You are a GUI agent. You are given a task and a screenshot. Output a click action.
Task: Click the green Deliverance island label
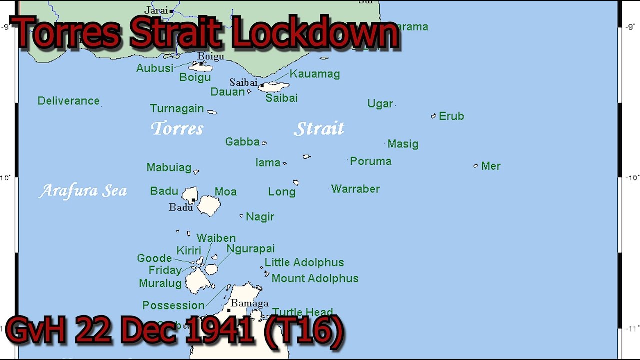point(68,101)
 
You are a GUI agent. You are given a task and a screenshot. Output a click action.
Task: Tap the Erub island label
point(451,116)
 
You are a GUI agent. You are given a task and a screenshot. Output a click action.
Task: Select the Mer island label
point(491,166)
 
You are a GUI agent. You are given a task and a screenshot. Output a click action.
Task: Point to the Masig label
point(403,144)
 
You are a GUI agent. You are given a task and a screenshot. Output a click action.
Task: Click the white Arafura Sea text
point(83,191)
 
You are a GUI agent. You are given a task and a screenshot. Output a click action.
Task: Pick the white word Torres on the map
point(177,128)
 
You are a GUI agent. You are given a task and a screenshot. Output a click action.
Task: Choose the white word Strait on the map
point(319,128)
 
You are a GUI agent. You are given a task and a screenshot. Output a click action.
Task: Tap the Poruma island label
point(370,161)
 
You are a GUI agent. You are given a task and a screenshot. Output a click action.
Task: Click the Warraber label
point(355,189)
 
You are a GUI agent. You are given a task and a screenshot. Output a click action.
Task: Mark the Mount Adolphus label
point(315,278)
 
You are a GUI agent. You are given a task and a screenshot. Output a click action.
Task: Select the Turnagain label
point(177,109)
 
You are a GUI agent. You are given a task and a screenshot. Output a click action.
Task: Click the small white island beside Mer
point(475,166)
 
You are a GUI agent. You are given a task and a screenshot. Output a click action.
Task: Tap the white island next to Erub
point(433,116)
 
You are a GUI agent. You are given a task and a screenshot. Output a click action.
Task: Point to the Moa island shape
point(209,205)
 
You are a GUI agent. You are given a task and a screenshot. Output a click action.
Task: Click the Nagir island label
point(260,217)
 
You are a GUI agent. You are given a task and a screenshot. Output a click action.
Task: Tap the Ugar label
point(380,104)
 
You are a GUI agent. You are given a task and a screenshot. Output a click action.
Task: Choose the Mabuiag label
point(169,168)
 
